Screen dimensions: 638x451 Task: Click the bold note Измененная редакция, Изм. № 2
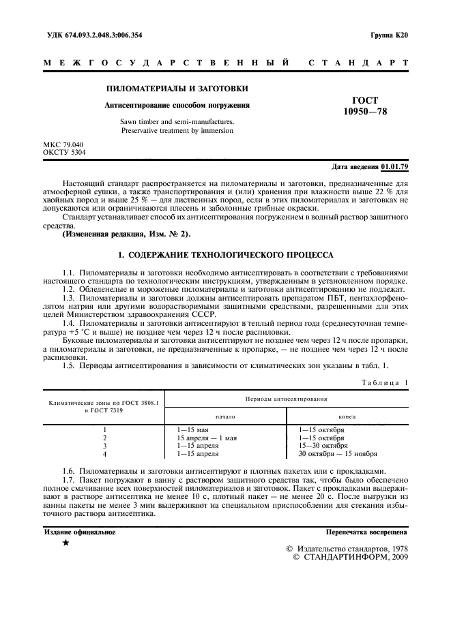click(x=127, y=234)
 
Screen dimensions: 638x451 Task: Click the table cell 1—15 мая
click(x=192, y=430)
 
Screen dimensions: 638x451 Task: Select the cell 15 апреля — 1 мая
click(x=207, y=438)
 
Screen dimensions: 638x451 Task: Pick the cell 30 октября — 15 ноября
click(x=338, y=453)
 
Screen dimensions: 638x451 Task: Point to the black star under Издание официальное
click(x=66, y=543)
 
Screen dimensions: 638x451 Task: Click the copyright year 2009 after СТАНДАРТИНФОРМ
click(x=394, y=557)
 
